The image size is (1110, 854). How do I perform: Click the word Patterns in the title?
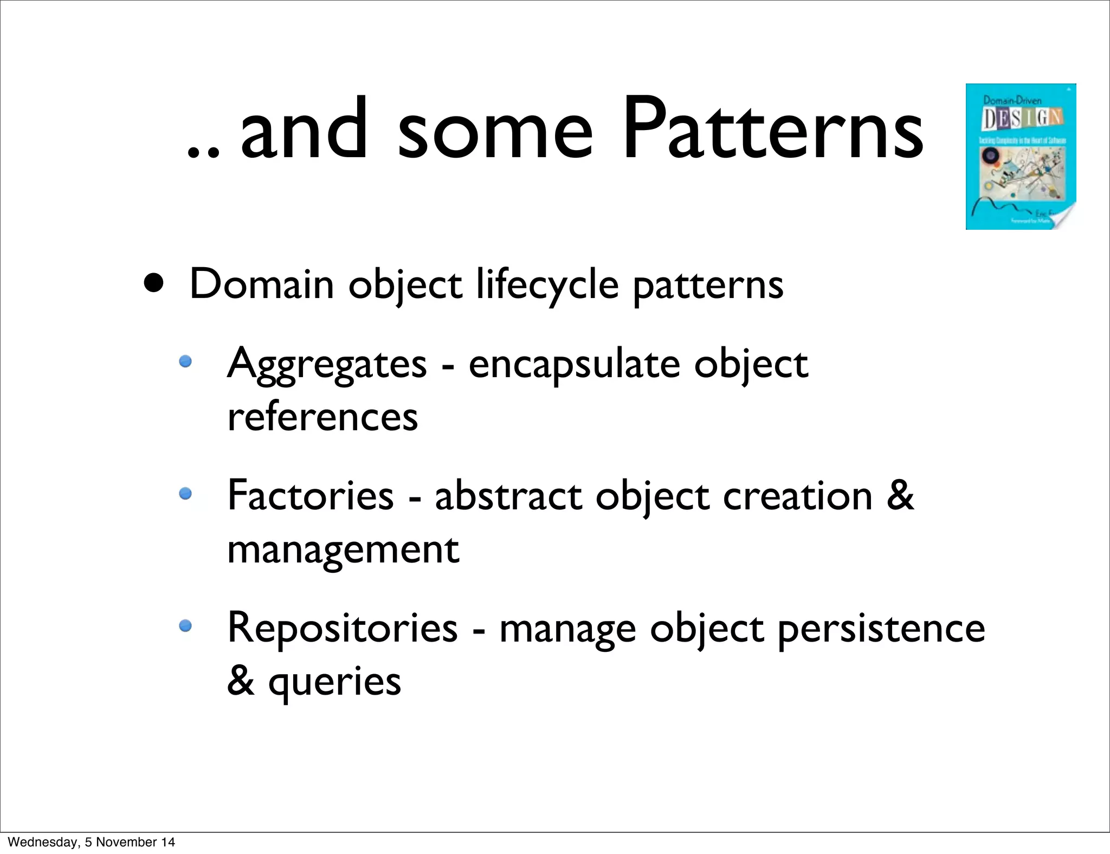[773, 130]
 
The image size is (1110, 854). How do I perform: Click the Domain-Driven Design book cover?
[1021, 157]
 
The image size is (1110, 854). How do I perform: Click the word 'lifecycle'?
[547, 285]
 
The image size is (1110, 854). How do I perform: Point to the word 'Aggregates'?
[327, 364]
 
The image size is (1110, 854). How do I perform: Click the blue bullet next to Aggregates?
[186, 361]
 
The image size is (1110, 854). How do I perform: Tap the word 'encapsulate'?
[574, 364]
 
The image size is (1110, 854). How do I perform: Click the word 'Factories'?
[311, 495]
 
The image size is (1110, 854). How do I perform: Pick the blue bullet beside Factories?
[186, 493]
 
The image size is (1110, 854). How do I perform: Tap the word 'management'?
[343, 549]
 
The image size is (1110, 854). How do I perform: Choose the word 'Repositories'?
[343, 627]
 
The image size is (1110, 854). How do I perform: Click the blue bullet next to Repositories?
[186, 626]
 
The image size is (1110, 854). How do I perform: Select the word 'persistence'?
[881, 629]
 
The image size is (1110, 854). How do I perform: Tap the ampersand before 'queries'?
[241, 681]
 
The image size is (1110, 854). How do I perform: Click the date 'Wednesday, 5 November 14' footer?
[92, 842]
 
